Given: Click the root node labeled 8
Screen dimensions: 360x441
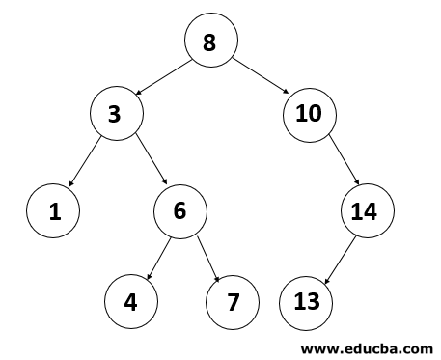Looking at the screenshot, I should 211,42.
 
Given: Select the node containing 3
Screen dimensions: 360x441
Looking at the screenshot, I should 117,114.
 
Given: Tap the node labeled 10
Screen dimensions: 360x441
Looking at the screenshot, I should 309,114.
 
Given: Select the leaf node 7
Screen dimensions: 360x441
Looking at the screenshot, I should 232,300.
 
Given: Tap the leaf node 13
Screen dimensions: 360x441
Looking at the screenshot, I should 306,300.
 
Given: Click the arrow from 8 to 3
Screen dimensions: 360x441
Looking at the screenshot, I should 165,77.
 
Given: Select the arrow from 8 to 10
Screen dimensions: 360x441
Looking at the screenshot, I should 260,77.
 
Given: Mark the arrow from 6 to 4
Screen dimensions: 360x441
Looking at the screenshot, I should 158,254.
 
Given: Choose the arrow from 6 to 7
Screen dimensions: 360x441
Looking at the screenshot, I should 206,254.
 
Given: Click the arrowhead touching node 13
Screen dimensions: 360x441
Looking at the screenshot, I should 324,280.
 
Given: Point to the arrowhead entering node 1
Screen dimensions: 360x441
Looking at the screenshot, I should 69,186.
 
